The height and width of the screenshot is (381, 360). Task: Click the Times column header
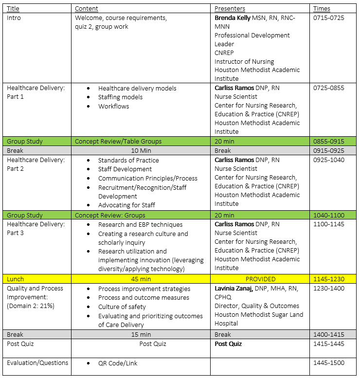[x=322, y=8]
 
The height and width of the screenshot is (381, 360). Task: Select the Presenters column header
[x=230, y=8]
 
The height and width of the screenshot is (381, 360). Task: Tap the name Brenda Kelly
[x=233, y=18]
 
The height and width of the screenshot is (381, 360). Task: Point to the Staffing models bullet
[x=120, y=97]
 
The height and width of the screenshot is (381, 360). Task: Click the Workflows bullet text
[x=113, y=106]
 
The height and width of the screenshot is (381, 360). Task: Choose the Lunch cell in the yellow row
[x=15, y=279]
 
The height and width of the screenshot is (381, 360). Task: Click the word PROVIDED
[x=260, y=279]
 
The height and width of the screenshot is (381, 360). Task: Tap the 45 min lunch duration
[x=141, y=279]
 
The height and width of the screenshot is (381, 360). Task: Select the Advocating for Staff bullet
[x=126, y=205]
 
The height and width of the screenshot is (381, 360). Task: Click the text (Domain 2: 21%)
[x=31, y=306]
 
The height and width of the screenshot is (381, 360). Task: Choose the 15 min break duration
[x=141, y=335]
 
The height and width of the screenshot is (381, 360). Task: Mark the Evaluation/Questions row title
[x=37, y=363]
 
